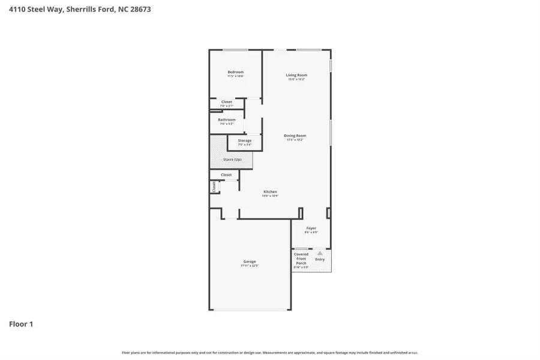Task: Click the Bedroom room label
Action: tap(235, 72)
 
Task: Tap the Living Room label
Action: tap(296, 75)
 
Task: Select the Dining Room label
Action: tap(295, 136)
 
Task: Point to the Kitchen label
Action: tap(270, 192)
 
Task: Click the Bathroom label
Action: tap(227, 119)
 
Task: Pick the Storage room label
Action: tap(244, 140)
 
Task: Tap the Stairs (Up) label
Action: tap(232, 160)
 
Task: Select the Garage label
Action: tap(250, 262)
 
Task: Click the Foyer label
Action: tap(311, 228)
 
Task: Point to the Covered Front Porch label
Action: tap(301, 259)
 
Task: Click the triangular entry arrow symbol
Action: tap(320, 253)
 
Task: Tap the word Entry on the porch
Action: tap(320, 259)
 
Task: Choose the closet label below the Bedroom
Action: tap(227, 102)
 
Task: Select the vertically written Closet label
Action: tap(213, 187)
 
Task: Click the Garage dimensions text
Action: tap(250, 266)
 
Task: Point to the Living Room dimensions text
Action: tap(296, 79)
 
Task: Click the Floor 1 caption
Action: tap(21, 324)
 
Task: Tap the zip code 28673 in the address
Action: tap(139, 9)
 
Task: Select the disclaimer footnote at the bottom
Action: tap(270, 353)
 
